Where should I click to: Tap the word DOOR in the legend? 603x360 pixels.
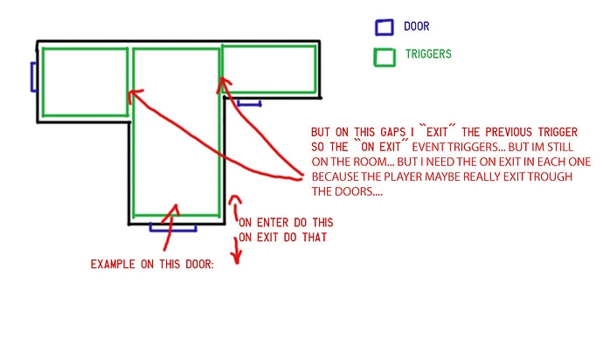[417, 26]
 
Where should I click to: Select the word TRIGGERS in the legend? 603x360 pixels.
[428, 54]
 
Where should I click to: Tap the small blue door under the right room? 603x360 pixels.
[249, 103]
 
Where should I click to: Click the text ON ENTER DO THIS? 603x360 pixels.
[286, 223]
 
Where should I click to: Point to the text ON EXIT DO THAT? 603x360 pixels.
[282, 238]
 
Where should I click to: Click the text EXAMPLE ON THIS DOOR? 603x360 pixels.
[152, 264]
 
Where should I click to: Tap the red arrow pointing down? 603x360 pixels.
[237, 250]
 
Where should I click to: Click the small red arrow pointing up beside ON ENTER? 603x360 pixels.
[235, 208]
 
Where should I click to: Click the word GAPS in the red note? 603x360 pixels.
[392, 132]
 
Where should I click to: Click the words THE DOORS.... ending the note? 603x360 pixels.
[347, 191]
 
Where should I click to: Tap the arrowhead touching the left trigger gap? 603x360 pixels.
[134, 94]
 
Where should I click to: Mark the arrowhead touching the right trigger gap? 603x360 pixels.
[224, 85]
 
